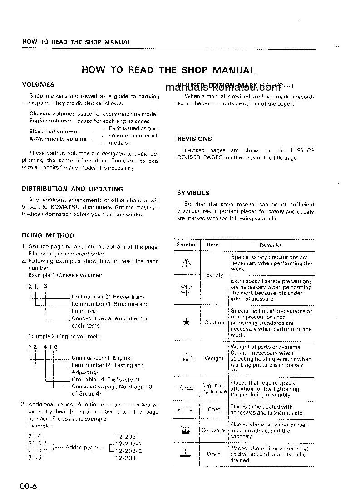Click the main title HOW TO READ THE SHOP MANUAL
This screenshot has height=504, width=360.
(x=168, y=70)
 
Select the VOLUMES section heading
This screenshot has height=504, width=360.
(x=38, y=84)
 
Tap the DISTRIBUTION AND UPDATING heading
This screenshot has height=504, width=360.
(x=72, y=189)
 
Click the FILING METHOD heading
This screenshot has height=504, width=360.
(x=48, y=235)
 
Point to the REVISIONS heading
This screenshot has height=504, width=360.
(x=194, y=139)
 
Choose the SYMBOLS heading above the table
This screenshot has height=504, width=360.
(x=193, y=192)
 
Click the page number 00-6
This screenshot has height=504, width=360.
(x=28, y=487)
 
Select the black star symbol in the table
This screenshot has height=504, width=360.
(x=187, y=323)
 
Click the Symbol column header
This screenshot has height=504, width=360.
(x=187, y=245)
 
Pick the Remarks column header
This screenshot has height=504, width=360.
(x=271, y=245)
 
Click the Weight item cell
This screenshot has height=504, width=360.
(x=214, y=358)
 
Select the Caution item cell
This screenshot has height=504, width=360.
(x=214, y=323)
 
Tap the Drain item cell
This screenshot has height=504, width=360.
(x=214, y=454)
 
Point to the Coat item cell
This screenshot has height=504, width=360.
(x=214, y=409)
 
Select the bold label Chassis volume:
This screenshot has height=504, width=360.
(x=50, y=114)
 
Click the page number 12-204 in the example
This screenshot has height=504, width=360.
(x=126, y=458)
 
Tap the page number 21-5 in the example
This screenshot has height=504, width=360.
(x=35, y=458)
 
